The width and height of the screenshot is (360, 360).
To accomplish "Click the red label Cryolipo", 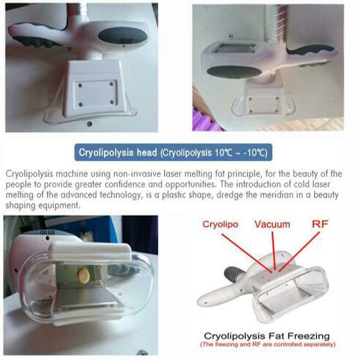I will point(220,224).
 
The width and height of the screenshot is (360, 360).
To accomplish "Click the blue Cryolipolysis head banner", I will point(173,153).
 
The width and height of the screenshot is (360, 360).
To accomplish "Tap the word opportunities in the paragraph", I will point(236,184).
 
